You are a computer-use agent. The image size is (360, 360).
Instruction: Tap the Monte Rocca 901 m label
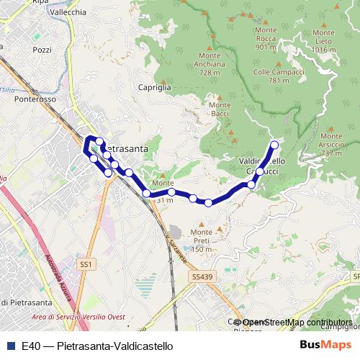point(266,42)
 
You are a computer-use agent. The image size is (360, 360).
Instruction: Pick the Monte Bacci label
point(220,109)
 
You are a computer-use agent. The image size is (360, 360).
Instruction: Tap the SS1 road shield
point(86,265)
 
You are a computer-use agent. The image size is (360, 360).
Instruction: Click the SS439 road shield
point(202,276)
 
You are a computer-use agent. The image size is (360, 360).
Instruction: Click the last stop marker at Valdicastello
point(274,145)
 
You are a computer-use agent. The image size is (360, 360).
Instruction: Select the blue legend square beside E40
point(11,346)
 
